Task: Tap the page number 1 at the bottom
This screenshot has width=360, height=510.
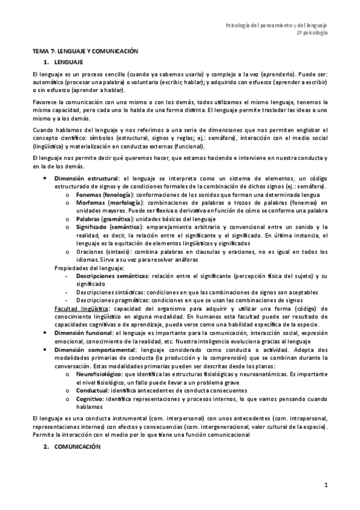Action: pos(326,485)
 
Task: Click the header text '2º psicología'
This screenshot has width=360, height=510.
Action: pos(313,34)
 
